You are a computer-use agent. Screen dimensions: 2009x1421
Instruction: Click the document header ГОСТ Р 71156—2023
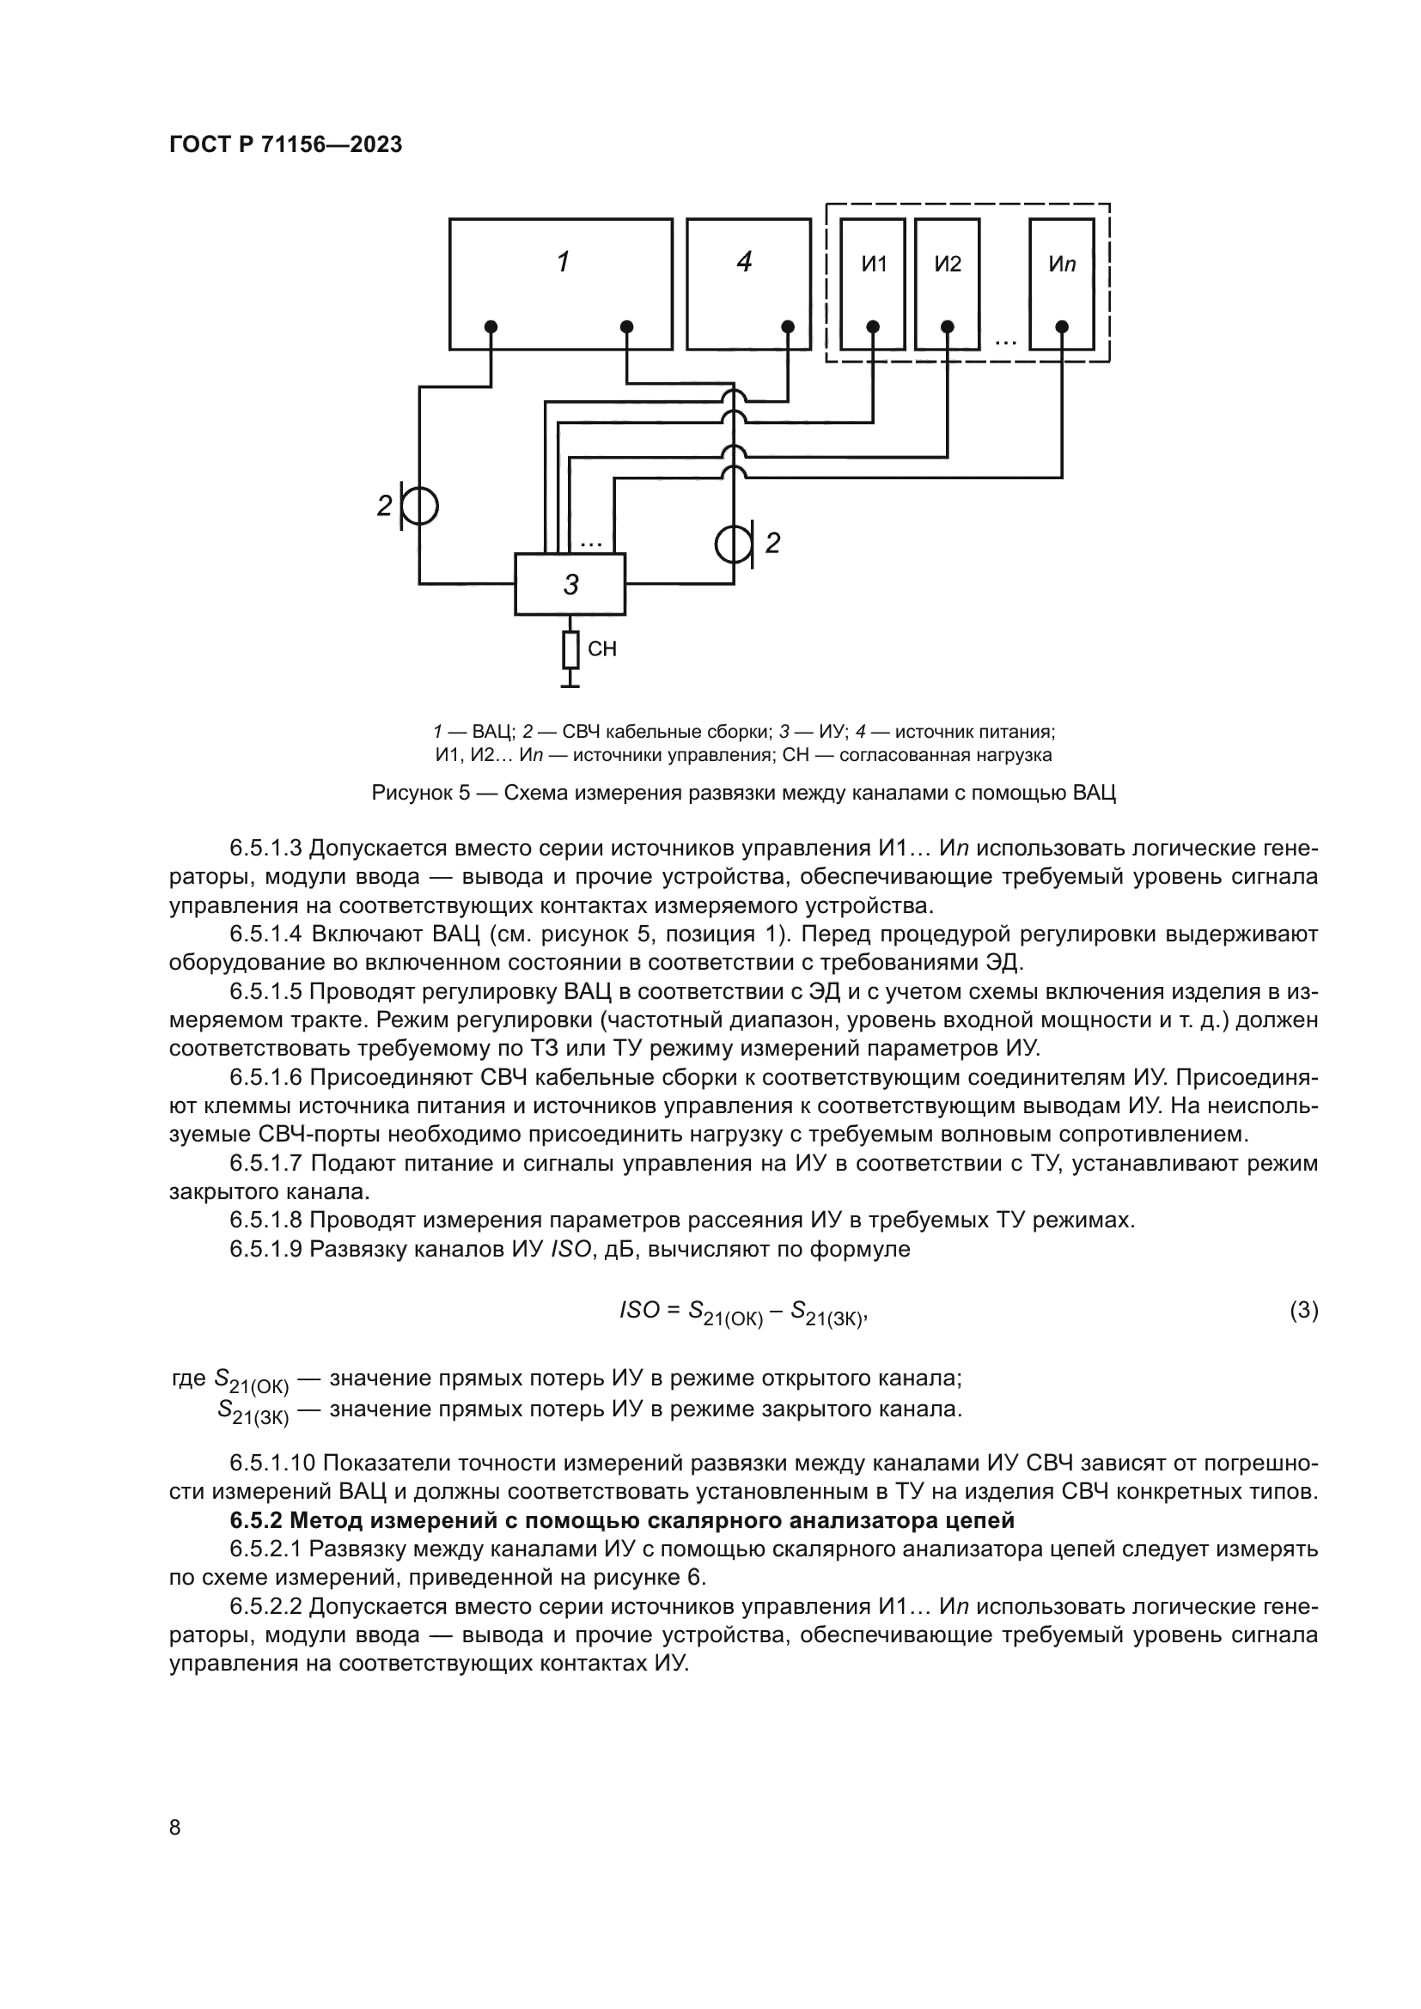point(285,145)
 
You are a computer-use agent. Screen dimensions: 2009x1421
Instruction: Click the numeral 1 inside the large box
point(564,262)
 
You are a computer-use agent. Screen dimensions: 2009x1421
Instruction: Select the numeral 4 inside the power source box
point(745,262)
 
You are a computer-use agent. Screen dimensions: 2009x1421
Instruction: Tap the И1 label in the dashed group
point(873,265)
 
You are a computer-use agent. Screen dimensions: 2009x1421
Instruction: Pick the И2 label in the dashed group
point(948,265)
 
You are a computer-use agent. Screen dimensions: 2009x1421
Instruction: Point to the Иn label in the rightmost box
point(1061,265)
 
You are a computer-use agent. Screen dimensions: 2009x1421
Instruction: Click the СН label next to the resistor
point(602,649)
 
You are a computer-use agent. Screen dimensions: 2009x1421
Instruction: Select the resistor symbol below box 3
point(570,650)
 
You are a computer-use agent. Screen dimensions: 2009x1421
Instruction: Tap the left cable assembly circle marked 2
point(420,506)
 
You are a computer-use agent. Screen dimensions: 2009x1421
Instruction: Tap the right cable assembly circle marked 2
point(732,545)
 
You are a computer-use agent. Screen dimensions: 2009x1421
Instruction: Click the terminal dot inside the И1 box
point(873,327)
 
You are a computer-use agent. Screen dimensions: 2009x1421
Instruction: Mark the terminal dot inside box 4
point(788,327)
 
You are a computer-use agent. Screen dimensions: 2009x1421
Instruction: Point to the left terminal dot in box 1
point(491,327)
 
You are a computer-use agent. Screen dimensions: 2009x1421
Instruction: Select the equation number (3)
point(1304,1310)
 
